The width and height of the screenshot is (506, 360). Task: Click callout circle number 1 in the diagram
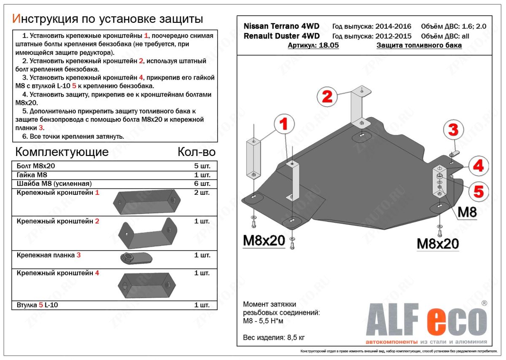tap(283, 124)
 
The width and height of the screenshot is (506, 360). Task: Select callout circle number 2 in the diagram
tap(327, 97)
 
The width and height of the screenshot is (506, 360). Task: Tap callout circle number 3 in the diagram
tap(453, 130)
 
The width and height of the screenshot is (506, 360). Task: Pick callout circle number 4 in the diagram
tap(478, 166)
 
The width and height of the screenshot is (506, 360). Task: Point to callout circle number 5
tap(478, 192)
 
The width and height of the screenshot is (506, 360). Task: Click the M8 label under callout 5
tap(467, 212)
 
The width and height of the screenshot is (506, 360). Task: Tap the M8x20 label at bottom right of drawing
tap(438, 244)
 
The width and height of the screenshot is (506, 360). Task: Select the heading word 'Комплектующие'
tap(62, 152)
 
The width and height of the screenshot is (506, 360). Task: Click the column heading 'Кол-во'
tap(196, 152)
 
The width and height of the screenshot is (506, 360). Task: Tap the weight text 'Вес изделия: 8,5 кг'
tap(274, 338)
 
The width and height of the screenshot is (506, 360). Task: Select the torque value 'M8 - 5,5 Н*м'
tap(264, 321)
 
